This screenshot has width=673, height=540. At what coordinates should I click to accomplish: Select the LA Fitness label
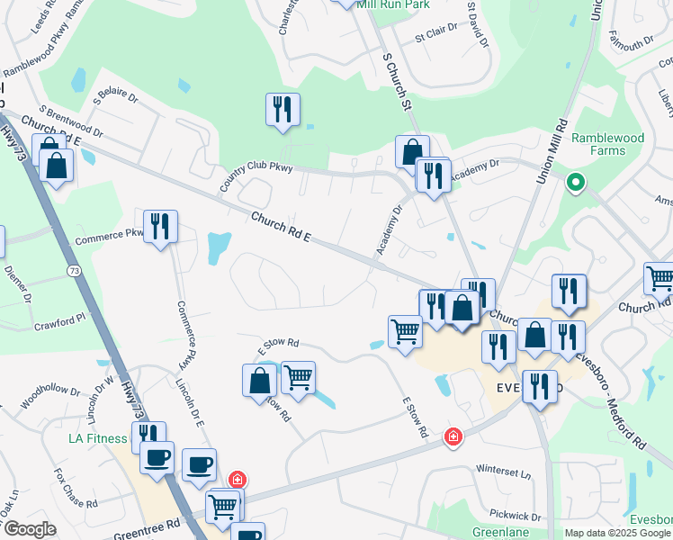(100, 439)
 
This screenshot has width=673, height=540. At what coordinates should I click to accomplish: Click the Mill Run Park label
(392, 4)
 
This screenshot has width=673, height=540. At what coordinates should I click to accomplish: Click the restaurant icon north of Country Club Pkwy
(283, 110)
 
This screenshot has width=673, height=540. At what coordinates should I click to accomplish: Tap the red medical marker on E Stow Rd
(453, 437)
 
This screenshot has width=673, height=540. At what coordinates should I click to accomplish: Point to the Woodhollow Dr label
(50, 396)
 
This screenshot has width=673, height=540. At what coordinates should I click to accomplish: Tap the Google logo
(29, 529)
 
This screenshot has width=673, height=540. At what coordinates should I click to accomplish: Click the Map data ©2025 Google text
(617, 533)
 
